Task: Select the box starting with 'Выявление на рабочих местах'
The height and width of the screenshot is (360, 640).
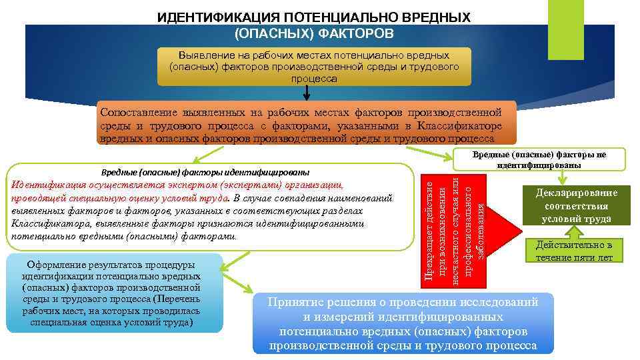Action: (x=314, y=67)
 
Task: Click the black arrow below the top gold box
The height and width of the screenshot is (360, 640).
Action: (x=307, y=92)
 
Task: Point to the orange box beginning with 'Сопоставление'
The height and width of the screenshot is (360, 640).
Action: (x=307, y=123)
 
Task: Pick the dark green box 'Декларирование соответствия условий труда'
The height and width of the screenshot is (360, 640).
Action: (x=576, y=205)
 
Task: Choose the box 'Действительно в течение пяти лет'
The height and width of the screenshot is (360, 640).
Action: (x=578, y=251)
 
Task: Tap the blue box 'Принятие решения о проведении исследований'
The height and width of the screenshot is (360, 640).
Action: (x=403, y=323)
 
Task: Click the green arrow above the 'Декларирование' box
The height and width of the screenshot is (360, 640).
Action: (x=564, y=175)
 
